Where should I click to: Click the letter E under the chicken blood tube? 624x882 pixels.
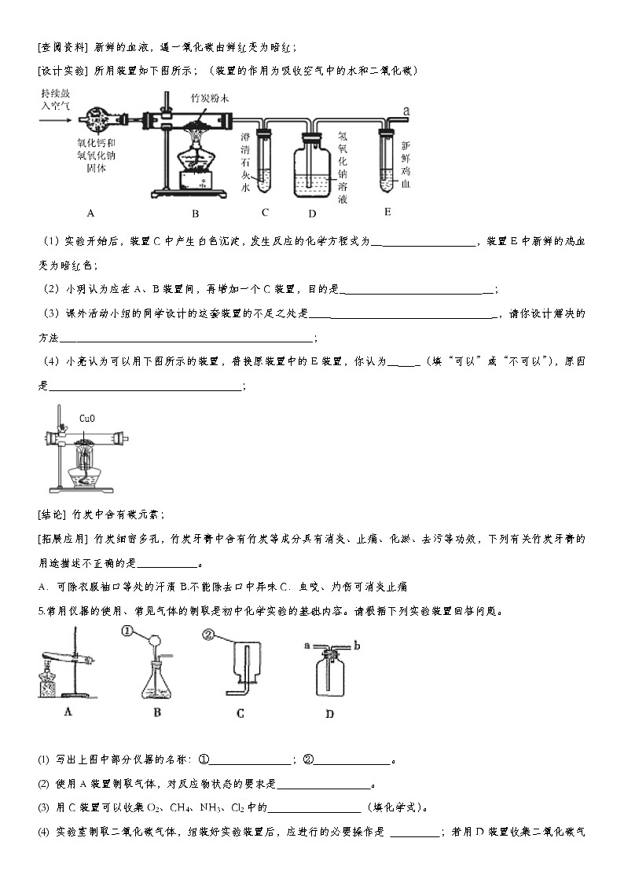pos(387,212)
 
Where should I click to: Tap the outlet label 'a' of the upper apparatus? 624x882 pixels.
pos(406,112)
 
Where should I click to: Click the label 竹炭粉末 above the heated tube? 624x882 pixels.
pos(210,98)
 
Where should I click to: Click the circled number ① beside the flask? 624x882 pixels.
pos(128,631)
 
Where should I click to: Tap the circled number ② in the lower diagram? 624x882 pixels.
pos(209,635)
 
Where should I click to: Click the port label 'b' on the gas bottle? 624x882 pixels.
pos(357,646)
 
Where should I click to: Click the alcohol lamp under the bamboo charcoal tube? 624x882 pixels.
pos(194,161)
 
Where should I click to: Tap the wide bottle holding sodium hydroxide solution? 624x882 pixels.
pos(312,169)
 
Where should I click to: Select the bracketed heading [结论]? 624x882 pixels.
pos(53,515)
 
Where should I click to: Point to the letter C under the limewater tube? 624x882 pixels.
pos(265,212)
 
